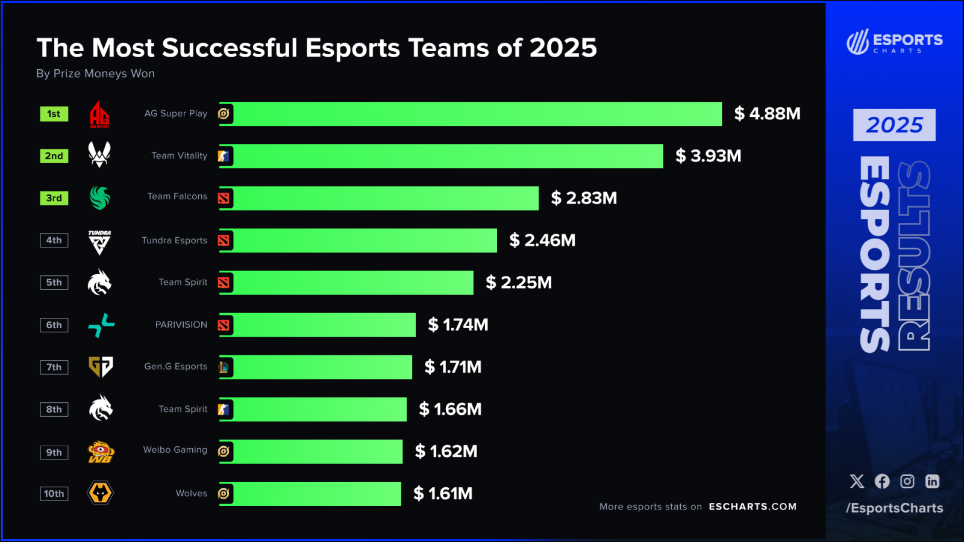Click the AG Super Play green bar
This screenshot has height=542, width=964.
(x=470, y=114)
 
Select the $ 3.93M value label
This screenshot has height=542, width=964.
(x=708, y=156)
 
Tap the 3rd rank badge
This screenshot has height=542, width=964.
(x=54, y=198)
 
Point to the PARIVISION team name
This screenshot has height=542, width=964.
(x=181, y=325)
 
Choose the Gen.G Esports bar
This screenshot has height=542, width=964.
(x=316, y=367)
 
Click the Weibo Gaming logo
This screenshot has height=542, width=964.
(x=101, y=452)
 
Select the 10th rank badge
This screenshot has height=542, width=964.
(x=54, y=494)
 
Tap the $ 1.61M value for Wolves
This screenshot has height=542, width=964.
(x=443, y=494)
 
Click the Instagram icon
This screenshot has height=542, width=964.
(x=907, y=481)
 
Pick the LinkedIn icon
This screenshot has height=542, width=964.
(x=932, y=481)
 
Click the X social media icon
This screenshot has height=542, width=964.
(x=857, y=481)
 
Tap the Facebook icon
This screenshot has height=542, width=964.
(x=882, y=481)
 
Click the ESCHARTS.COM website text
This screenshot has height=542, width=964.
(x=753, y=506)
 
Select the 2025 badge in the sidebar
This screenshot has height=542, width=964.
(x=894, y=125)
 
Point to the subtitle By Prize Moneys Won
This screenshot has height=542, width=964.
(x=95, y=73)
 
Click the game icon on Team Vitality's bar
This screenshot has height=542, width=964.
(x=224, y=156)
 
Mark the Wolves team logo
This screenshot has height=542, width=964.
(x=101, y=493)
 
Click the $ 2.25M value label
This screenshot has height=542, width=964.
(x=519, y=282)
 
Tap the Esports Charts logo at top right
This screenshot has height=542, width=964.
(x=894, y=42)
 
